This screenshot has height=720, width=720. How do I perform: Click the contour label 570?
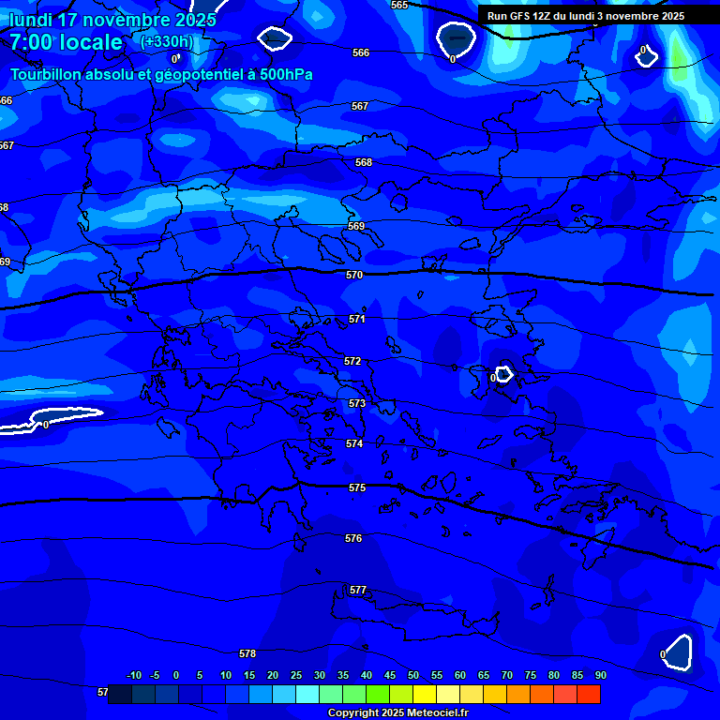point(353,275)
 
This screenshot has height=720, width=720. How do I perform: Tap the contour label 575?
point(356,487)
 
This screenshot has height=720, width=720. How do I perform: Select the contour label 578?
point(247,653)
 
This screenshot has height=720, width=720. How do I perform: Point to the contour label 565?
point(399,5)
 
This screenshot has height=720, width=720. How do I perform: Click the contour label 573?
point(356,403)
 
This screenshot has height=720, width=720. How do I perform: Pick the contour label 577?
point(358,590)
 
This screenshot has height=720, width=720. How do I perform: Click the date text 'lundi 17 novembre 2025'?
point(112,19)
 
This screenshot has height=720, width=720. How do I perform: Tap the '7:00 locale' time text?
point(66,42)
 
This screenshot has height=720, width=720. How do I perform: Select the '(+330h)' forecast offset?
point(166,42)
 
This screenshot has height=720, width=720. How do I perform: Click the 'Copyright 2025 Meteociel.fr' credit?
point(397,713)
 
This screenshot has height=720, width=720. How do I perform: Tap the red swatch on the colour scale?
point(588,695)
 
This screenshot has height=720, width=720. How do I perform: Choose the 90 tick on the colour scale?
point(600,675)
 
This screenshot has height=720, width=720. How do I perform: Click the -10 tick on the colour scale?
point(133,675)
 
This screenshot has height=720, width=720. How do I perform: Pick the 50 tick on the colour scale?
point(413,675)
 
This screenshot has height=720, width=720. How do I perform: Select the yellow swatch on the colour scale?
point(424,695)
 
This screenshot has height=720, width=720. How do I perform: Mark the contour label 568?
point(364,162)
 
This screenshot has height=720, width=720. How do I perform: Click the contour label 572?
point(352,361)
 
